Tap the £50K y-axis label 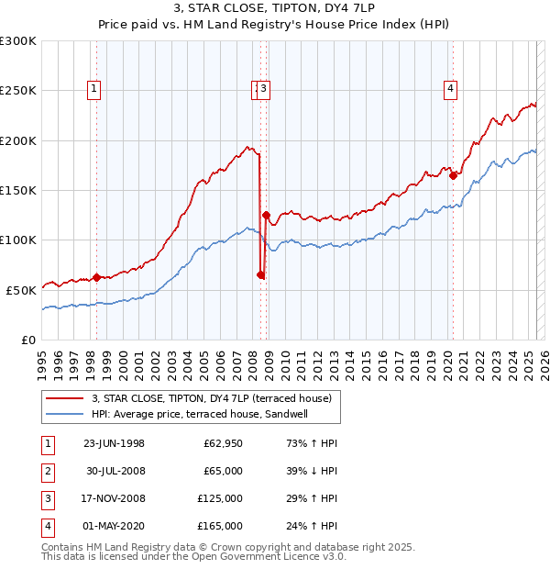click(22, 289)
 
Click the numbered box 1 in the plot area click(95, 89)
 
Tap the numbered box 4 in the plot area click(451, 89)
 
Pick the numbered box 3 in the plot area click(264, 89)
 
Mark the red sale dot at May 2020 click(453, 175)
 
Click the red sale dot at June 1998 click(96, 277)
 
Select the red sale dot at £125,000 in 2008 click(266, 216)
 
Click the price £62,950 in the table click(223, 443)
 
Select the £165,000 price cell click(220, 526)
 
